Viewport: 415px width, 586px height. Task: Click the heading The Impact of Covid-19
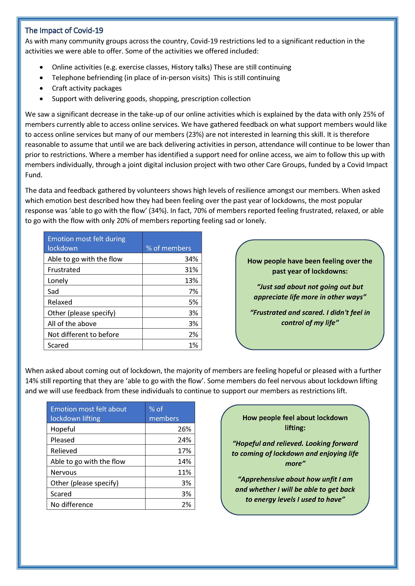(64, 31)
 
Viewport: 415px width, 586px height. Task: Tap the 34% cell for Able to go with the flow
(191, 259)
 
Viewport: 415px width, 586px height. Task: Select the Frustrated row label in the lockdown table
(64, 270)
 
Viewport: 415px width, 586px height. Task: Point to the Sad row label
(53, 291)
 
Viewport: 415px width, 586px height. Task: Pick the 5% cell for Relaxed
(193, 302)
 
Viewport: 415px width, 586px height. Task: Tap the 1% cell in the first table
(193, 345)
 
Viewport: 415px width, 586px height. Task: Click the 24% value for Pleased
(185, 440)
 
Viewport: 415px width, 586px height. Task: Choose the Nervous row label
(64, 472)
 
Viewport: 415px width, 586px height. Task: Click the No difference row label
(72, 505)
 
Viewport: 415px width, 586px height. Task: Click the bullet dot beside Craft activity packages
(41, 88)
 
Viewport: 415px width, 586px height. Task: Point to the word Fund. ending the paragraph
(33, 175)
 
